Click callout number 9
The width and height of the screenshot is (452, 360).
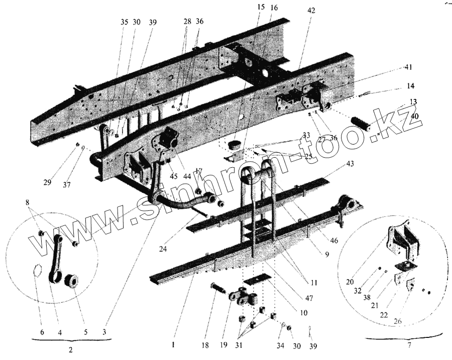[326, 255]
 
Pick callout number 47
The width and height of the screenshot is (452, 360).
[309, 298]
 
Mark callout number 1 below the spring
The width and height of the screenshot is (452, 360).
[172, 345]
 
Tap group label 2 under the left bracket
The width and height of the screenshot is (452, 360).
[71, 350]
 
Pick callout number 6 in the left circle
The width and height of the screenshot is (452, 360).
[42, 332]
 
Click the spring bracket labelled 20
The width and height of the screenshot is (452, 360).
[399, 241]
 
